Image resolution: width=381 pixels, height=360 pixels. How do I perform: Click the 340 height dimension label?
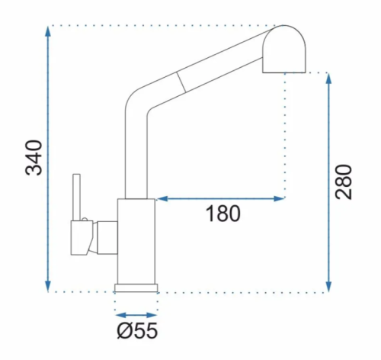tap(34, 158)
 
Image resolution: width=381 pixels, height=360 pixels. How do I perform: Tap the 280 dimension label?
tap(344, 182)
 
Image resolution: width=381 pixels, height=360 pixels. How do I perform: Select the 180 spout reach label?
tap(223, 214)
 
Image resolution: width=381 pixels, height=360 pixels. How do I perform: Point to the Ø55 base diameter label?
tap(137, 330)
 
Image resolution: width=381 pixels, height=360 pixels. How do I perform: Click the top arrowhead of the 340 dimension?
tap(48, 31)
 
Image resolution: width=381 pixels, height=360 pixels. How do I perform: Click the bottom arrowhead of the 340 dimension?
tap(48, 287)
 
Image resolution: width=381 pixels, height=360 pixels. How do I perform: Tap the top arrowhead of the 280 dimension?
tap(328, 79)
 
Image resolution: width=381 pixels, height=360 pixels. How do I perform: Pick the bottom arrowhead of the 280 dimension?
tap(328, 287)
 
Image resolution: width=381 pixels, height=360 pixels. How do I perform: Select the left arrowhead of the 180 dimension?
tap(162, 198)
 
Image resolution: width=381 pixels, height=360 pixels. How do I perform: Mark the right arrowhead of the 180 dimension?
tap(279, 198)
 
